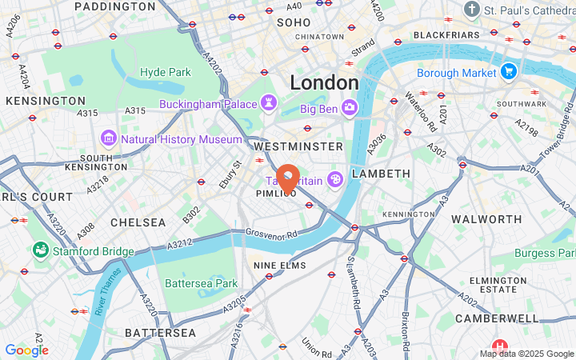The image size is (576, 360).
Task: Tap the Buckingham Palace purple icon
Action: point(269,104)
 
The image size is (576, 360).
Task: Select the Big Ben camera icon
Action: point(350,107)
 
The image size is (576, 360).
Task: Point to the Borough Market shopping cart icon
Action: point(508,73)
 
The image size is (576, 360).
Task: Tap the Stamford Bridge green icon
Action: point(40,251)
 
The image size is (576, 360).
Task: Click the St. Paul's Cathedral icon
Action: point(473,10)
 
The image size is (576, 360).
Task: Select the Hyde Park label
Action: point(166,72)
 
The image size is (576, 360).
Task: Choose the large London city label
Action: point(324,82)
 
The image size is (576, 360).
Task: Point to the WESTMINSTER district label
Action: point(298,146)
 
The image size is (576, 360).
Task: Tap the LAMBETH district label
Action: point(380,173)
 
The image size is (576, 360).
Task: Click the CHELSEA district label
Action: point(138,222)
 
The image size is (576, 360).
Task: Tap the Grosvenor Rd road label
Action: point(270,234)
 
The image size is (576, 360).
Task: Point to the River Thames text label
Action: point(108,290)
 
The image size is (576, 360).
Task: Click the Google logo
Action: point(26,350)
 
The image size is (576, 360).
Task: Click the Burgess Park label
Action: point(545,253)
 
